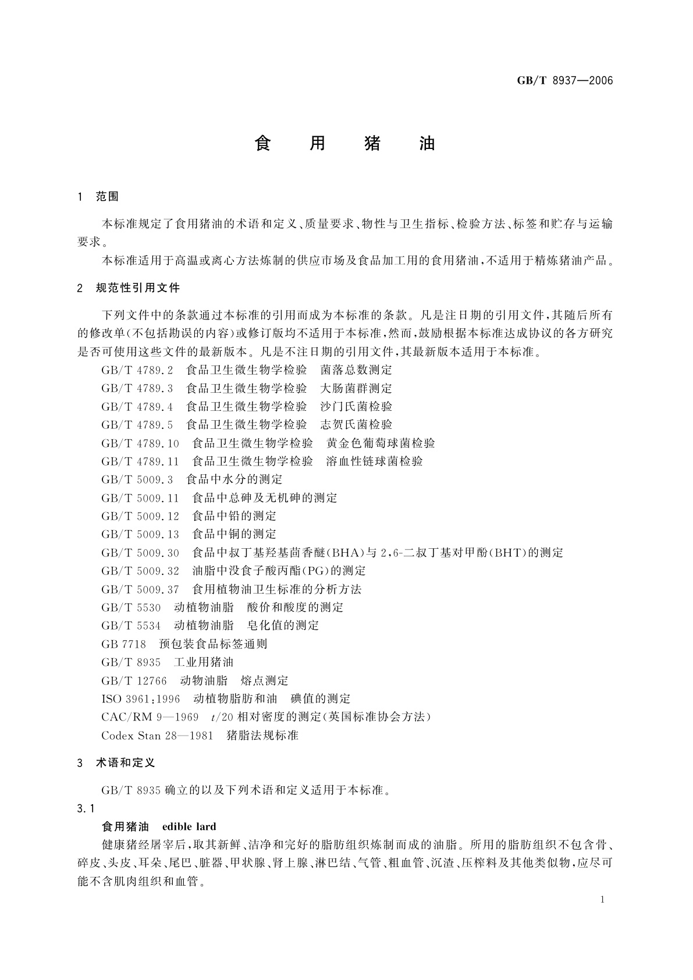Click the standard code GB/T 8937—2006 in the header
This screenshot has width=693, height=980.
564,81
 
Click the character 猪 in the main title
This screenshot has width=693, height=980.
372,144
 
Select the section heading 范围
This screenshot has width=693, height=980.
107,197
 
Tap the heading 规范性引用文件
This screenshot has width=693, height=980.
138,288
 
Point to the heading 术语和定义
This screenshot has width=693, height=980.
125,763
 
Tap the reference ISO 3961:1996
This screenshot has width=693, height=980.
141,699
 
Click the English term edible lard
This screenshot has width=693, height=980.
189,827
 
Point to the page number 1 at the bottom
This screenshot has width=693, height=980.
602,900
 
